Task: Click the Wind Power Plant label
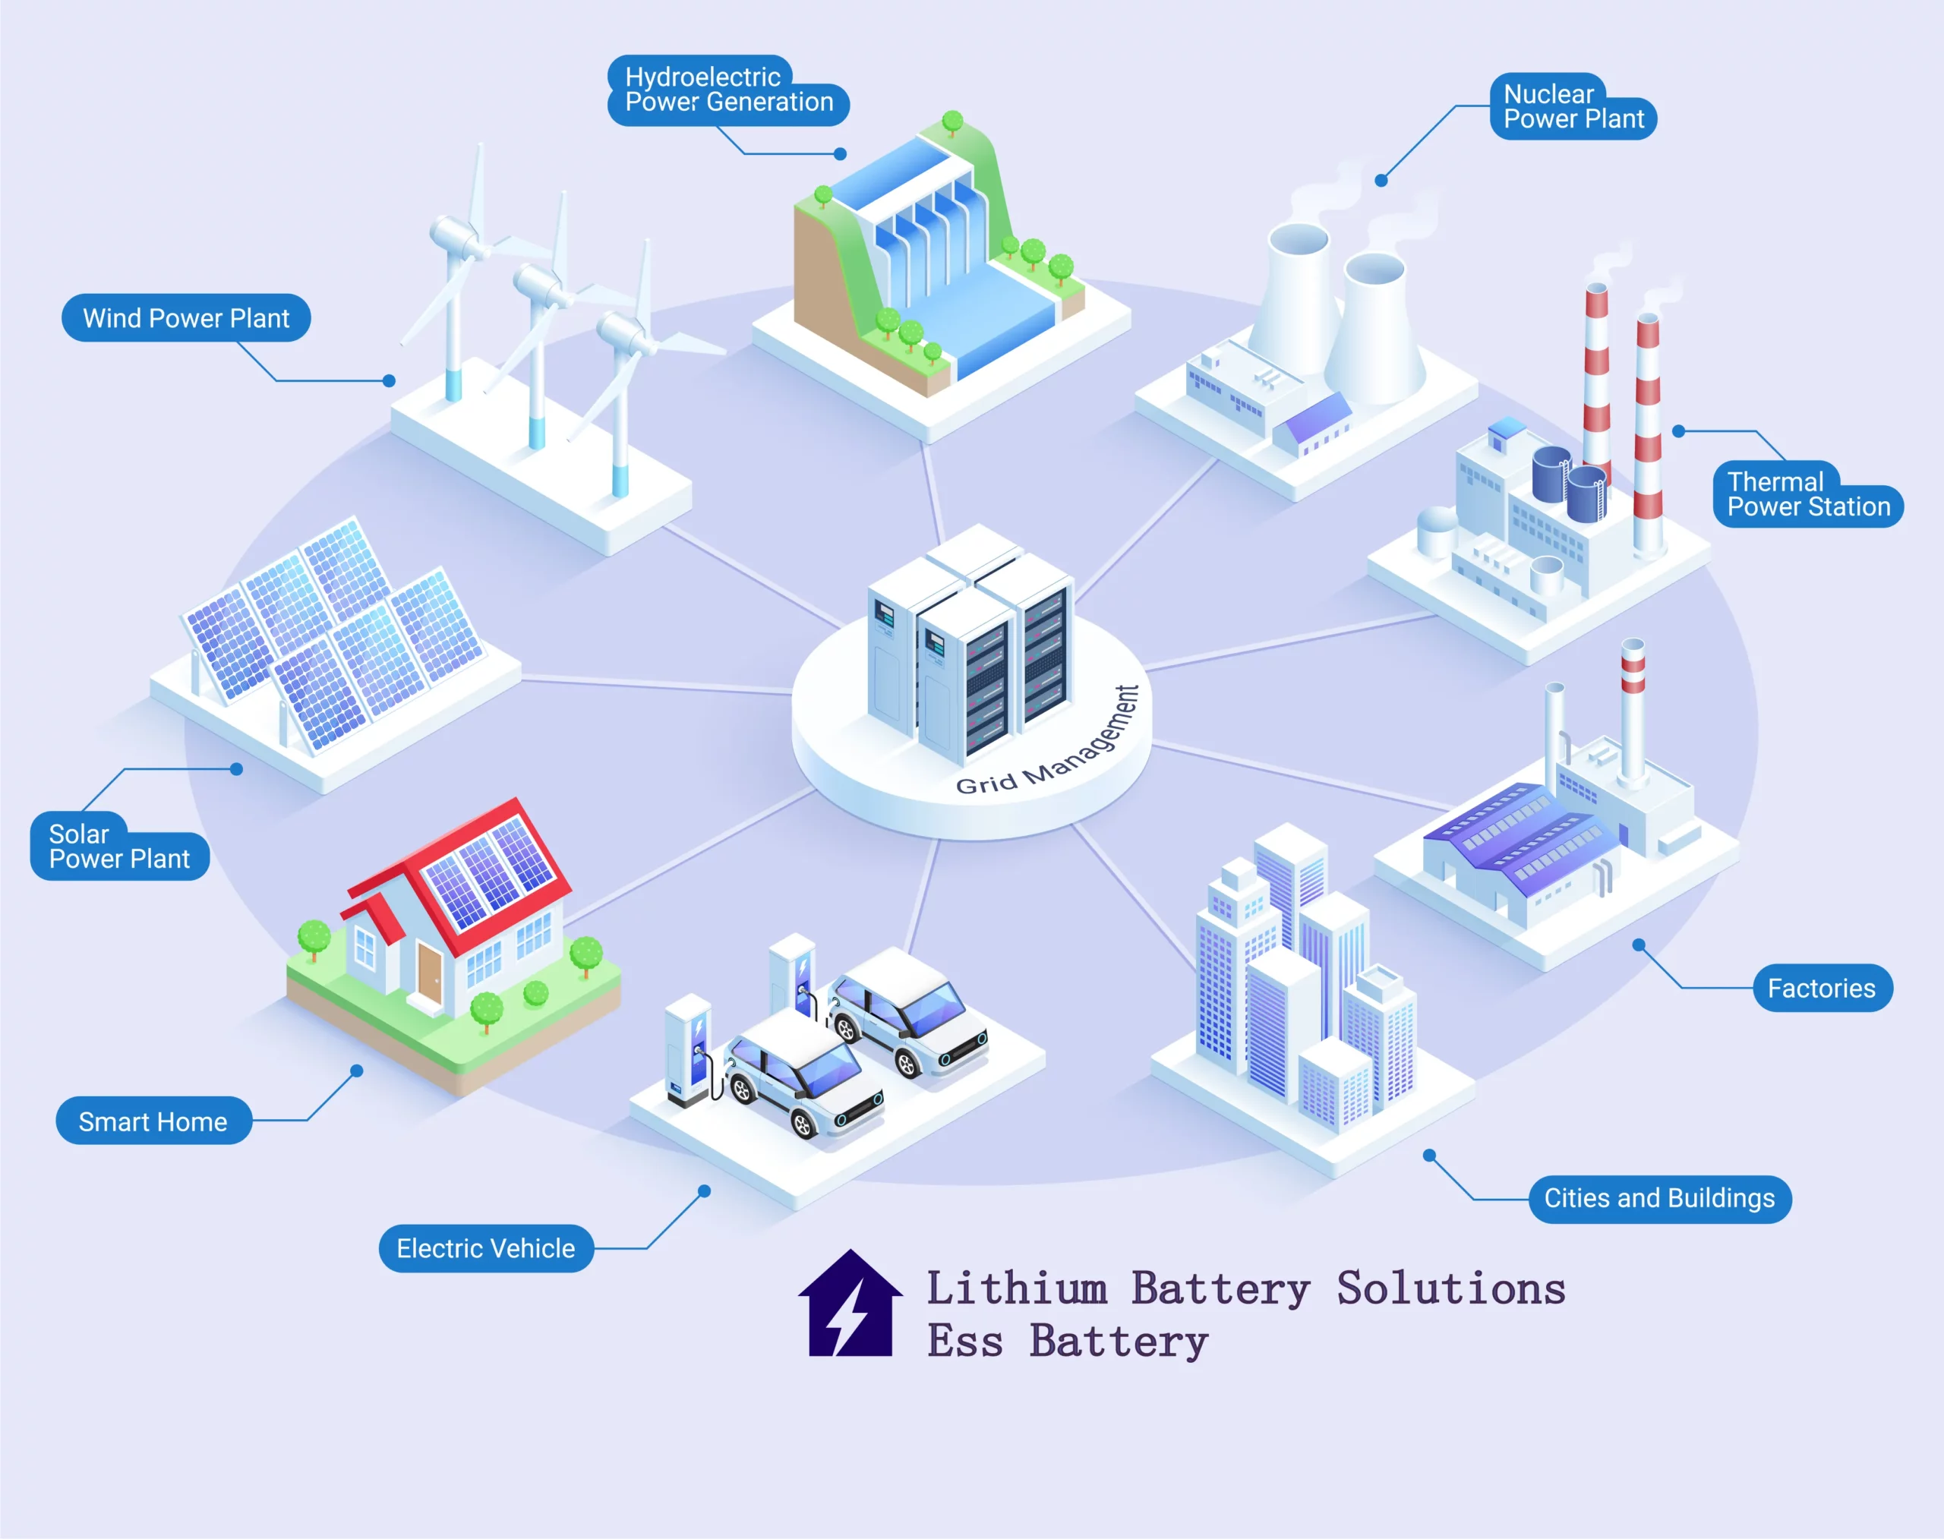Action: tap(185, 318)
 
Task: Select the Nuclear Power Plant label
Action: tap(1573, 106)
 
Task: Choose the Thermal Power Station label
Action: tap(1807, 494)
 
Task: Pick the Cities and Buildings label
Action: tap(1659, 1198)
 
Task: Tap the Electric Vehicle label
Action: tap(486, 1248)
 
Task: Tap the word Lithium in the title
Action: tap(1017, 1288)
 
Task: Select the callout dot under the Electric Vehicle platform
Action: tap(705, 1191)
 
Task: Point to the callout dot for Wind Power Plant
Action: tap(390, 381)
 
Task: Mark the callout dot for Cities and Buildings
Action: tap(1429, 1155)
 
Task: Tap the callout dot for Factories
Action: tap(1639, 945)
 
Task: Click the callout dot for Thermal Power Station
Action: tap(1678, 431)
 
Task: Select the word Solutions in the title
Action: tap(1451, 1288)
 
